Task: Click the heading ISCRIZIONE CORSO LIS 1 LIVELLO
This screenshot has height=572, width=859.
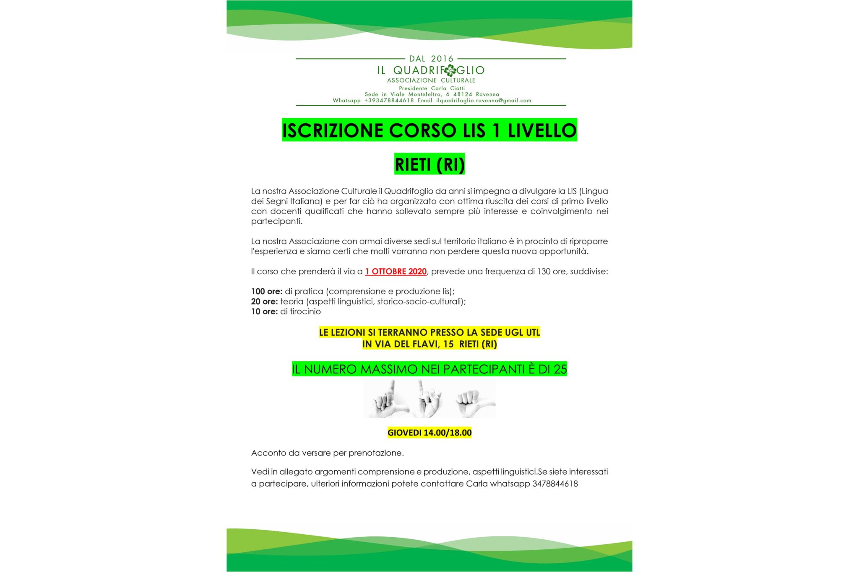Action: coord(429,130)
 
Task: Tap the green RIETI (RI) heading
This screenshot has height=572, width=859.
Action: coord(429,164)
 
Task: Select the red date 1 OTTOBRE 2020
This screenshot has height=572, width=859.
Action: coord(396,272)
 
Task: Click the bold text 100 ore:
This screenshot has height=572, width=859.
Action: coord(267,292)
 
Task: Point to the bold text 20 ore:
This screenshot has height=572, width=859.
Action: coord(264,302)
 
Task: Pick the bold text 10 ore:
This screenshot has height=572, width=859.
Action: coord(264,312)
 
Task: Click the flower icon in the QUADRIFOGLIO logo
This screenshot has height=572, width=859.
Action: coord(450,70)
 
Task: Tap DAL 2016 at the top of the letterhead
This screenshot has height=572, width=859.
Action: coord(431,59)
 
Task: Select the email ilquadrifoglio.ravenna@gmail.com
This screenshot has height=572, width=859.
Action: coord(483,101)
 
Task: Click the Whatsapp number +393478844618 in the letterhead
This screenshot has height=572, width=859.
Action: coord(389,101)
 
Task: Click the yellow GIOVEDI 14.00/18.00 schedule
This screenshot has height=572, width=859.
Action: coord(429,433)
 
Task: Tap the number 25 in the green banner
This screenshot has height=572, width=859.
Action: coord(560,370)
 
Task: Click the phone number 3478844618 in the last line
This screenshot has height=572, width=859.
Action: coord(555,484)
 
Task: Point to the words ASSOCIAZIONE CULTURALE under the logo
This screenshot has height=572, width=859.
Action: coord(431,80)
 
